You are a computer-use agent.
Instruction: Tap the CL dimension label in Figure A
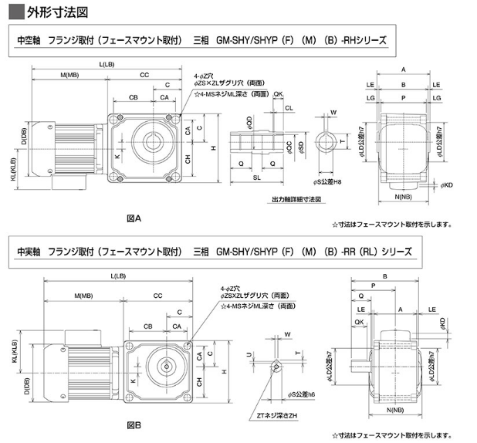tap(288, 109)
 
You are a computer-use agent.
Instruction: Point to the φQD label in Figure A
tap(249, 122)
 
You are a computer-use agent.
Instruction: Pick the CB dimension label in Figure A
tap(134, 96)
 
